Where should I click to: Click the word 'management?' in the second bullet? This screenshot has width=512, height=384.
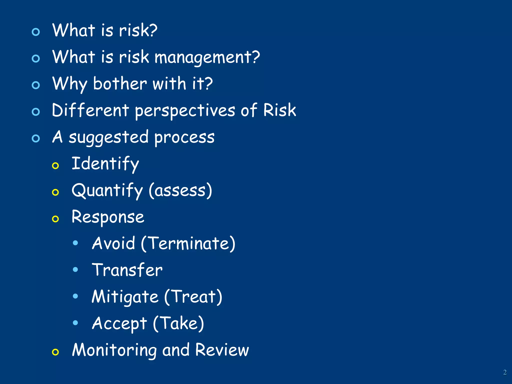[x=207, y=57]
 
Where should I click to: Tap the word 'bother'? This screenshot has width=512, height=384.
[x=120, y=84]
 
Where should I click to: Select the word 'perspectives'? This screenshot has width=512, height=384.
[x=185, y=111]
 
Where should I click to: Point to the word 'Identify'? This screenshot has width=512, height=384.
[x=105, y=164]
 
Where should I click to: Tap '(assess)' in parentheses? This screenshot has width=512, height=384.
[x=180, y=190]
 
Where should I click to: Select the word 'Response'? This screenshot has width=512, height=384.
[x=108, y=217]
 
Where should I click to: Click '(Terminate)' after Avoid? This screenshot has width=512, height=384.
[x=188, y=243]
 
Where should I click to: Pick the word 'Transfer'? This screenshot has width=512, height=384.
[x=127, y=270]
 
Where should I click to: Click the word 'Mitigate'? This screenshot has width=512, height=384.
[x=125, y=297]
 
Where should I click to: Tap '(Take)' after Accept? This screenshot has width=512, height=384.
[x=178, y=323]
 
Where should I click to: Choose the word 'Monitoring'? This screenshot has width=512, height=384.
[x=114, y=350]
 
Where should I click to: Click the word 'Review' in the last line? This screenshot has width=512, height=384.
[x=222, y=350]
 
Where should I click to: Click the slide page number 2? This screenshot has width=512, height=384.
[x=505, y=372]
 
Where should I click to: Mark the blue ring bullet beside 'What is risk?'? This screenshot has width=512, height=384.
[x=36, y=32]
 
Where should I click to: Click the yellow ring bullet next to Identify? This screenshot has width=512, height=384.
[x=55, y=165]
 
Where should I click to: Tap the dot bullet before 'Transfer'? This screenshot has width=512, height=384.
[x=75, y=269]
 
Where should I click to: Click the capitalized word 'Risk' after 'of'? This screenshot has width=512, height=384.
[x=279, y=110]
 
